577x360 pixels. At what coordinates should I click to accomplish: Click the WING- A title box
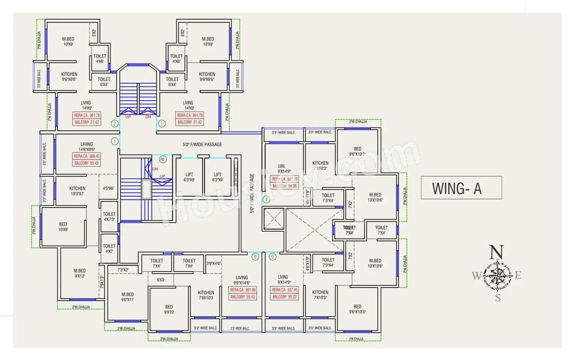[461, 188]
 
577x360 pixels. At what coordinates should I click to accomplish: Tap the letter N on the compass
[496, 252]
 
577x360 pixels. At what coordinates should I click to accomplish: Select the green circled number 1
[114, 141]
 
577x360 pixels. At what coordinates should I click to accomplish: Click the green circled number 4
[266, 199]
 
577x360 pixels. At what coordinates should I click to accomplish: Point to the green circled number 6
[255, 257]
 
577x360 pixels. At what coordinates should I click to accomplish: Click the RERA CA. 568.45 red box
[87, 156]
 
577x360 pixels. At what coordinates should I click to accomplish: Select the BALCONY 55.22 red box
[284, 297]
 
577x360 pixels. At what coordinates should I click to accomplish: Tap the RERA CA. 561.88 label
[243, 290]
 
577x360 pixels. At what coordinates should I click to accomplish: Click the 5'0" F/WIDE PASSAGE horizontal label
[202, 144]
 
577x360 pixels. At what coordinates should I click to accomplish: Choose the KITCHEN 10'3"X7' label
[77, 191]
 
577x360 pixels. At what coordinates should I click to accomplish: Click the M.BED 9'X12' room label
[80, 273]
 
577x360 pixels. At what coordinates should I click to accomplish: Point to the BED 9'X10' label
[169, 309]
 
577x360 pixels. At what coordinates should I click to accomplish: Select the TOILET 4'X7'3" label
[109, 216]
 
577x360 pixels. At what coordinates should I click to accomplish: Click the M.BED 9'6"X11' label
[128, 297]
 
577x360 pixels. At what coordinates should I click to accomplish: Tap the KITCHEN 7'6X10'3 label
[206, 295]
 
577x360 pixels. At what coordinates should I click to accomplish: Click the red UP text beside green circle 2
[128, 117]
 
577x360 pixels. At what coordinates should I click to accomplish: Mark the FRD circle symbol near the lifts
[162, 160]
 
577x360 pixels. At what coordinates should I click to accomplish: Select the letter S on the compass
[498, 298]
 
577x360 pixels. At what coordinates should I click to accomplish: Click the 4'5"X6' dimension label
[108, 188]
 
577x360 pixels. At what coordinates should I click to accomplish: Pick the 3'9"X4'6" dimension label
[213, 263]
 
